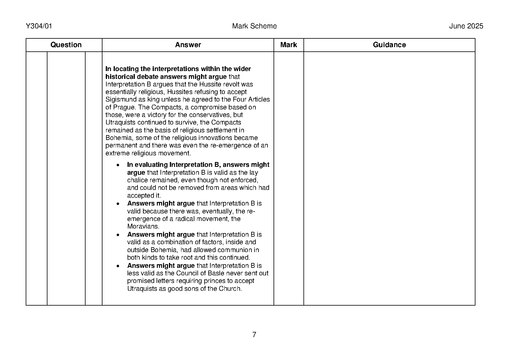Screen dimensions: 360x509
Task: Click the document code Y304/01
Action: point(39,26)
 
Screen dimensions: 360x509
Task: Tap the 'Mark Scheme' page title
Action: point(254,26)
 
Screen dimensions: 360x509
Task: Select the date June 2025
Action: point(466,26)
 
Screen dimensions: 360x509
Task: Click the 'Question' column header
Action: point(66,45)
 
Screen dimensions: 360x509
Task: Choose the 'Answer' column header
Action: point(188,45)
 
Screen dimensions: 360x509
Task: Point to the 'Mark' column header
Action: point(288,45)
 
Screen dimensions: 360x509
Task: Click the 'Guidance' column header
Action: point(389,45)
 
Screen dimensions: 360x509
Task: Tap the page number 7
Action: point(254,335)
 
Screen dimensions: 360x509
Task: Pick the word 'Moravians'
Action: point(143,227)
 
